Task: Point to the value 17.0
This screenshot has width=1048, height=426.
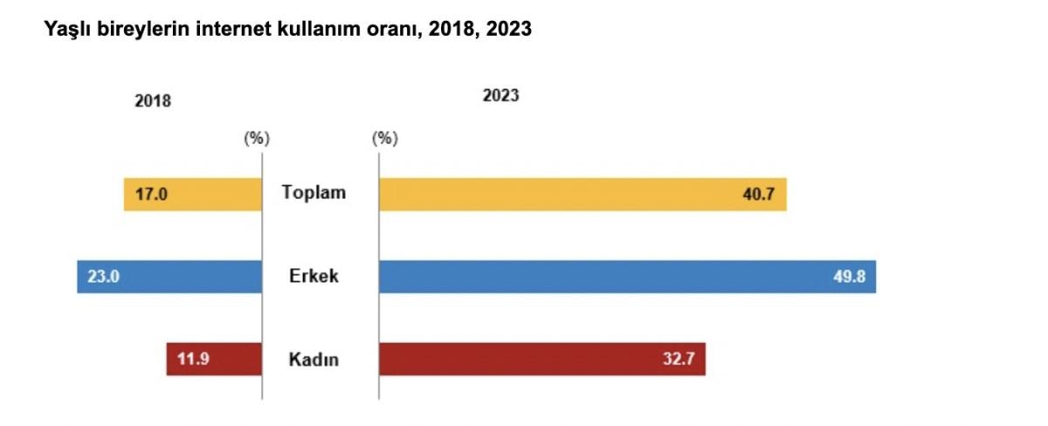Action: (x=151, y=194)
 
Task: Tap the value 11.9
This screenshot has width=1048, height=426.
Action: (x=193, y=359)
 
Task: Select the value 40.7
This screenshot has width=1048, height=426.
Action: (x=759, y=194)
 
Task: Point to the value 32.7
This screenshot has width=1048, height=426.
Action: (x=678, y=359)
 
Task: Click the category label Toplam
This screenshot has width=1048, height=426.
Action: (x=314, y=193)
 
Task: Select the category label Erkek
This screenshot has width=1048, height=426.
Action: (x=314, y=277)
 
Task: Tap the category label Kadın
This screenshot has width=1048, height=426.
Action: (x=314, y=359)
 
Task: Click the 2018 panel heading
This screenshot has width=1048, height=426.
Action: (x=153, y=100)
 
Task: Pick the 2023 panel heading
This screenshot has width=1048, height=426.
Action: (x=500, y=95)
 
